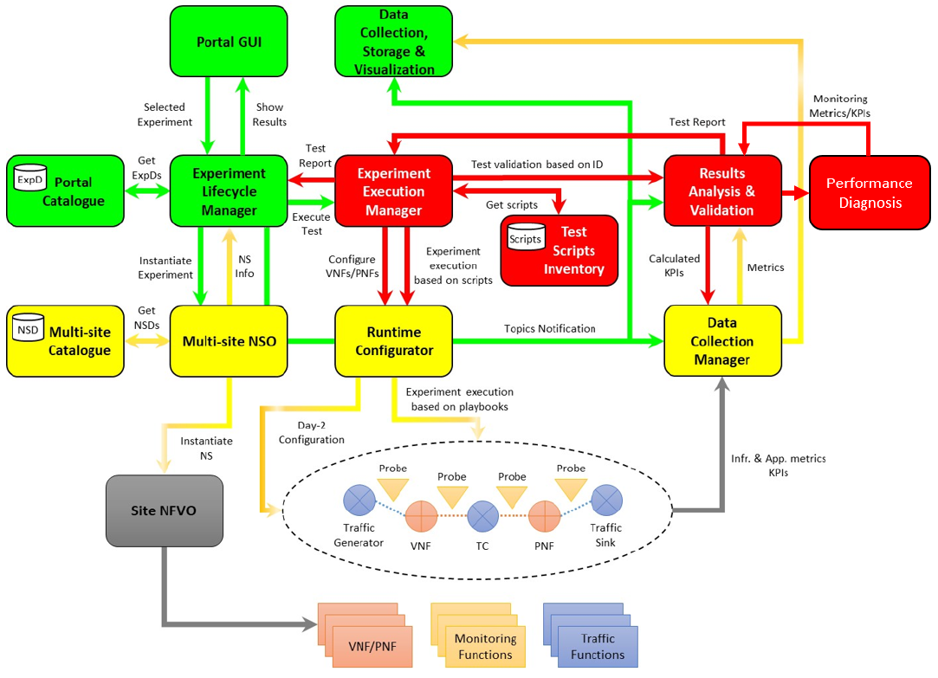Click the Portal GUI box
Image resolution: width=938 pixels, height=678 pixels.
[229, 41]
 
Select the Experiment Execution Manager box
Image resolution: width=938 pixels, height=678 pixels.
[393, 190]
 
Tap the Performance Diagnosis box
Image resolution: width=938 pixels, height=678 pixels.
[869, 192]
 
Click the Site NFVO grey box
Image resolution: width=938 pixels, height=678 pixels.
[163, 511]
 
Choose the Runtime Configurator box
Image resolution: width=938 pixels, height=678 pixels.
[393, 341]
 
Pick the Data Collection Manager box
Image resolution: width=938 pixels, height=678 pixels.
[722, 341]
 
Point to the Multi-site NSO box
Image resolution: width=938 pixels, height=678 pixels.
[229, 341]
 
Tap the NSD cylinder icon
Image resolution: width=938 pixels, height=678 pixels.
[26, 330]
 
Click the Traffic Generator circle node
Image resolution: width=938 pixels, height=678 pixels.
[359, 500]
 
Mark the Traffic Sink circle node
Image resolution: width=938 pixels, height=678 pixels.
[605, 500]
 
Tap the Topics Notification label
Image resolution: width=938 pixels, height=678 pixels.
[550, 329]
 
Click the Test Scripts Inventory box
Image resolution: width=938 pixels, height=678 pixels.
[573, 250]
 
